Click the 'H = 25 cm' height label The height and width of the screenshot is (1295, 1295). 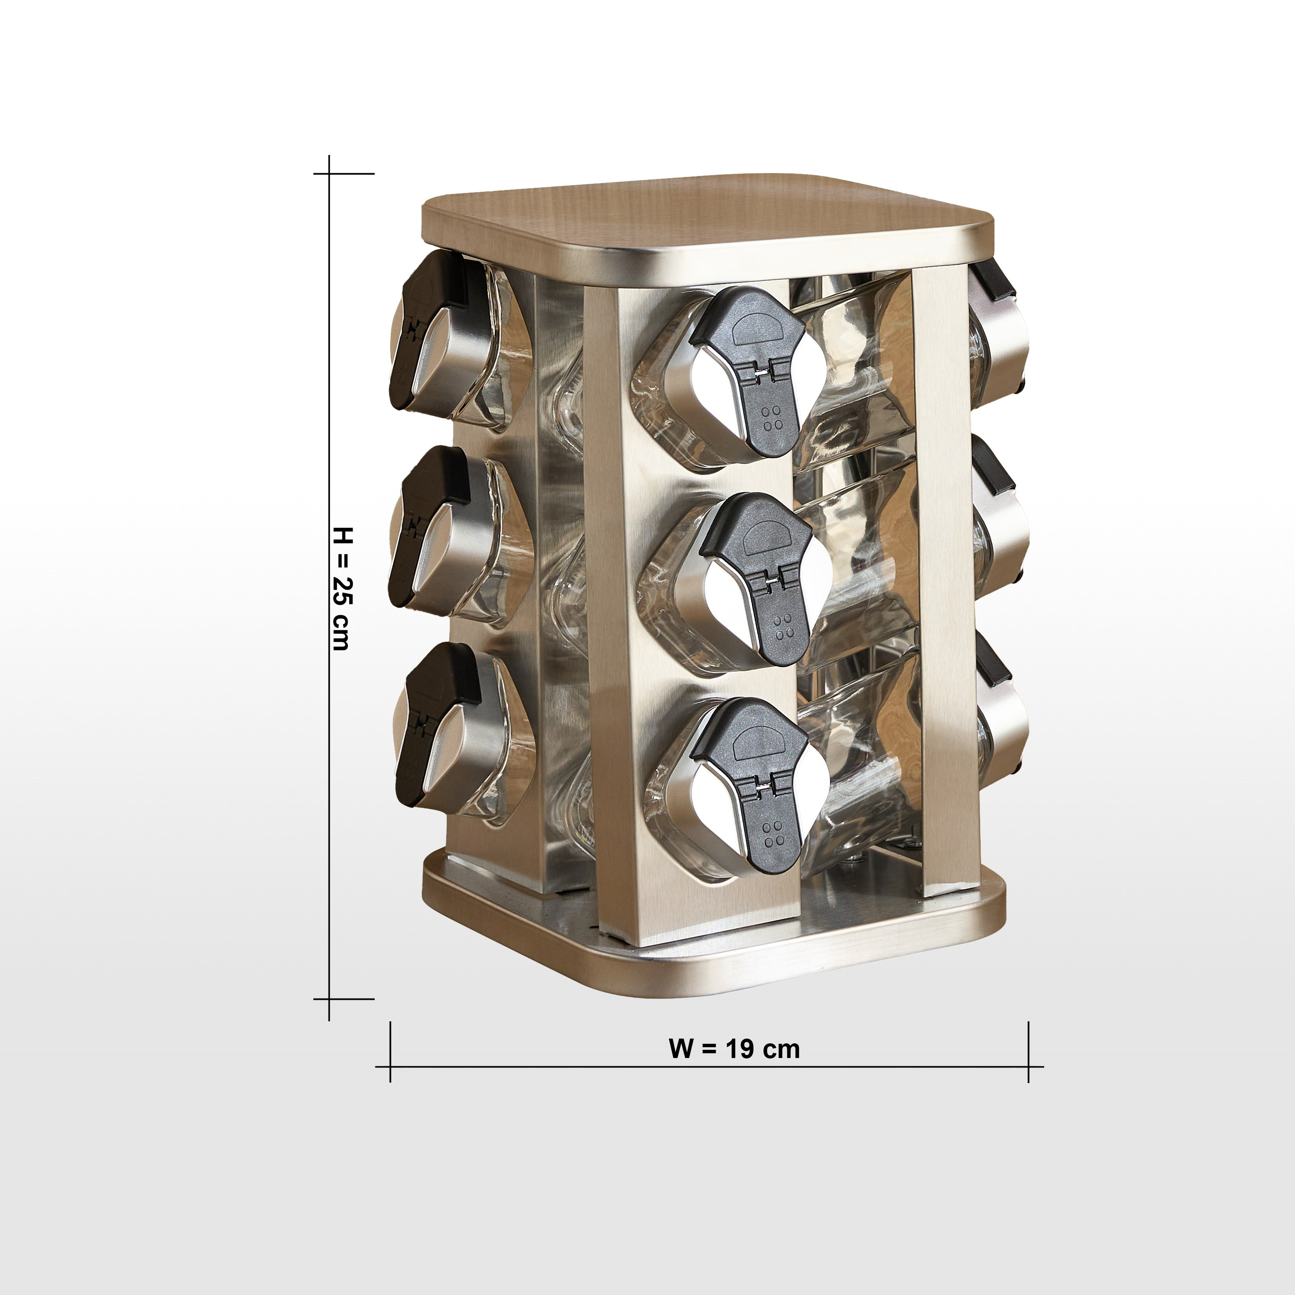(x=342, y=588)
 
